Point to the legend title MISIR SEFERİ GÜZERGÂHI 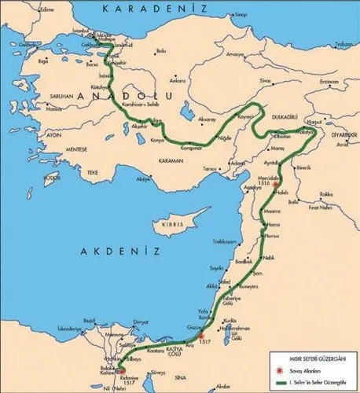(x=308, y=361)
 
